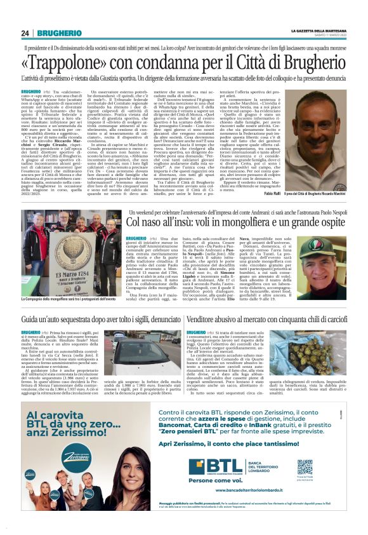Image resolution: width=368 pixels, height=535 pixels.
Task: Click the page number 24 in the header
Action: point(25,33)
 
